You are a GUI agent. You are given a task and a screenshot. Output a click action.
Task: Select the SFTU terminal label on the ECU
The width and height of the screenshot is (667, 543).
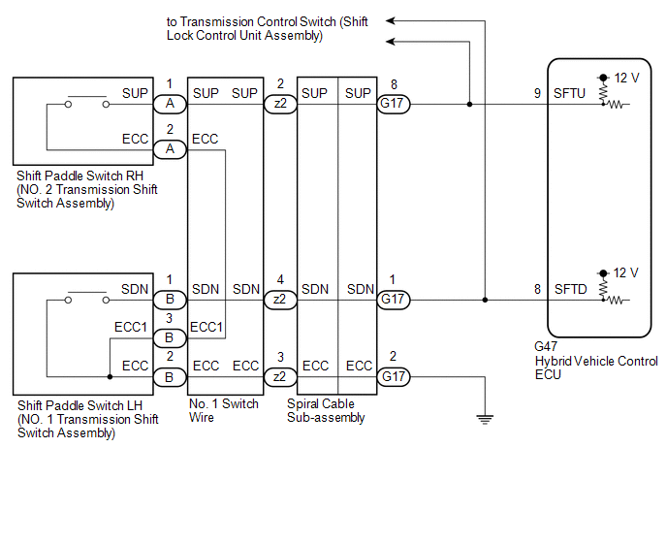pyautogui.click(x=570, y=94)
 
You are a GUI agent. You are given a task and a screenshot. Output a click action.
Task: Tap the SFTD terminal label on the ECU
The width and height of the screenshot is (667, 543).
pyautogui.click(x=570, y=289)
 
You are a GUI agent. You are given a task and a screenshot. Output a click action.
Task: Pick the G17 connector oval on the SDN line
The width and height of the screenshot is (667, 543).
pyautogui.click(x=392, y=300)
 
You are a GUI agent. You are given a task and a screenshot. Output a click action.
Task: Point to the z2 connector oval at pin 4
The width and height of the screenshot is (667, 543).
pyautogui.click(x=279, y=300)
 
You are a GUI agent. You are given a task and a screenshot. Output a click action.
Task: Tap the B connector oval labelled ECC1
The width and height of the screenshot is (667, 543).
pyautogui.click(x=169, y=338)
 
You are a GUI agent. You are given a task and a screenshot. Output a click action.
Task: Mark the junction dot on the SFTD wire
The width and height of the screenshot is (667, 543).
pyautogui.click(x=486, y=300)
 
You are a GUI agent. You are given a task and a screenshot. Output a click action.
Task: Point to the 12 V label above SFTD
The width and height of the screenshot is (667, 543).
pyautogui.click(x=625, y=272)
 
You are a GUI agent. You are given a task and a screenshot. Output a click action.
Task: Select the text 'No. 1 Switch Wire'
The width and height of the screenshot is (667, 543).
pyautogui.click(x=224, y=410)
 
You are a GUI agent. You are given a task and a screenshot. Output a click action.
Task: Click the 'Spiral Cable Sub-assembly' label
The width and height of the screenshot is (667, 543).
pyautogui.click(x=327, y=410)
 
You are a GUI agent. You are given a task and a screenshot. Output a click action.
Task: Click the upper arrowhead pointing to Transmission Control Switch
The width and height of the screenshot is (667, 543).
pyautogui.click(x=391, y=18)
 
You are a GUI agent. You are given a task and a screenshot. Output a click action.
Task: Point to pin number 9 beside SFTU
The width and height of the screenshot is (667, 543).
pyautogui.click(x=537, y=94)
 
